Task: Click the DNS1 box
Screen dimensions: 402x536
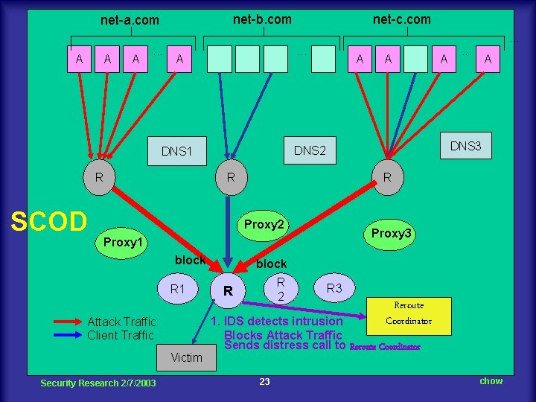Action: pos(176,151)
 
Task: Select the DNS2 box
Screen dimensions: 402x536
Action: pos(310,150)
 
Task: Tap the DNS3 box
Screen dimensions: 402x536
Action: pos(465,146)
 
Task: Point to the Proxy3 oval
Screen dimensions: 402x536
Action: pos(392,234)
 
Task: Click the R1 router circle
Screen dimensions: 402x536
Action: pos(177,288)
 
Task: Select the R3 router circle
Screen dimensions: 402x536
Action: pos(334,287)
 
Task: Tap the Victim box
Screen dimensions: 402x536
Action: pos(185,357)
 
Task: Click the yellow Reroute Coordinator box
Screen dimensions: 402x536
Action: pos(409,313)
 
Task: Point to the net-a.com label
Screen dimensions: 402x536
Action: pos(130,20)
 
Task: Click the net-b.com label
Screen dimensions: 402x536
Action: pos(262,19)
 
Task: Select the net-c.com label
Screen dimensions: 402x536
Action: pos(401,19)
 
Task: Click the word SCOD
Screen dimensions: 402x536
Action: pos(48,220)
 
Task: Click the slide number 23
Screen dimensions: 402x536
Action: pos(264,382)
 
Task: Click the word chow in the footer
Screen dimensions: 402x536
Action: pos(491,381)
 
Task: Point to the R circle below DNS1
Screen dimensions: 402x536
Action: pos(99,178)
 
